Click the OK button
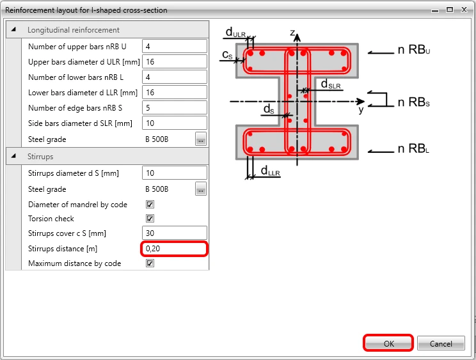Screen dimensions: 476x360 [388, 343]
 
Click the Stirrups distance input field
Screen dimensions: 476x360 [174, 249]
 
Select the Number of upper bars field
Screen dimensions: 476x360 [174, 47]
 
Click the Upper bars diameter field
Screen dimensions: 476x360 [174, 62]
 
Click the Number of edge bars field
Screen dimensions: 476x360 [174, 108]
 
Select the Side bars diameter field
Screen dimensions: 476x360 [174, 123]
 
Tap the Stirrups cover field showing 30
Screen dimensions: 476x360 [174, 233]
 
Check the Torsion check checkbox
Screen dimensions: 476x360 [150, 218]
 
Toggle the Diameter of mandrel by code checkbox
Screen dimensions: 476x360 [150, 205]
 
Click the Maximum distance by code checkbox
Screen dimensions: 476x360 [150, 263]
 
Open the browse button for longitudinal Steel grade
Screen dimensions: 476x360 [201, 139]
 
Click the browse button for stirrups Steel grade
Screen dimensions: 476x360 [201, 189]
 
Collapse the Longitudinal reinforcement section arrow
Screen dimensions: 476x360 [13, 29]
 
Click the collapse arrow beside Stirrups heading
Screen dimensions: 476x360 [13, 156]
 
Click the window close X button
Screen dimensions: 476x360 [464, 10]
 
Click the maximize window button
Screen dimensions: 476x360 [450, 10]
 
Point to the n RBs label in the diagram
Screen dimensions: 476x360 [414, 102]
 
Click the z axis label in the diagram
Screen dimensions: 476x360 [292, 33]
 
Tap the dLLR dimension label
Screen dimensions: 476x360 [270, 171]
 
